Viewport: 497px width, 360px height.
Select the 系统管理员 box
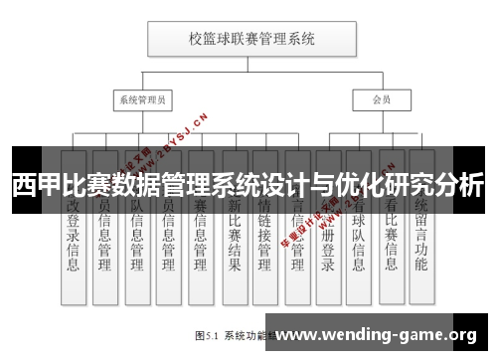pos(142,100)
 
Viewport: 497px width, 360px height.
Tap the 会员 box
pos(381,100)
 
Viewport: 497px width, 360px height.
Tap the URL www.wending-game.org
pos(383,334)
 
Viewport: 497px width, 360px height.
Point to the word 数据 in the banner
pos(133,186)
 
